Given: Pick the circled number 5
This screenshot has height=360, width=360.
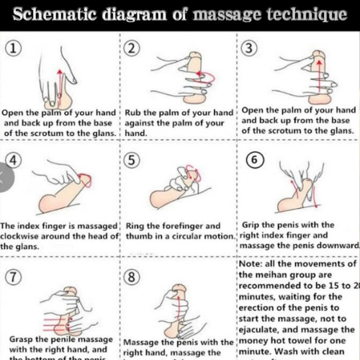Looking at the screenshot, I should click(132, 160).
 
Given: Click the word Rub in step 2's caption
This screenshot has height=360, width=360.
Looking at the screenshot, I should click(135, 113).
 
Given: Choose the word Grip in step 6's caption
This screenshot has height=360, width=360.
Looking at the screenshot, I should click(253, 225).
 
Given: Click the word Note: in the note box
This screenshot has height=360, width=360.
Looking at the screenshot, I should click(252, 264).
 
